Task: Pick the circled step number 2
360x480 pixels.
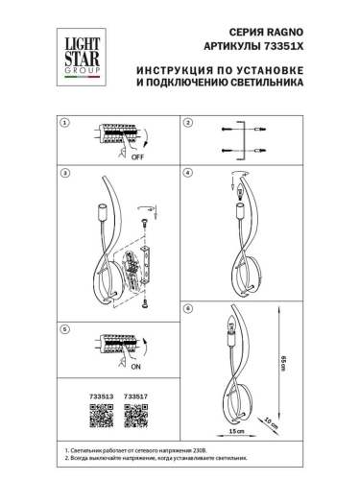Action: point(188,123)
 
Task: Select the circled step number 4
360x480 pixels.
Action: point(188,174)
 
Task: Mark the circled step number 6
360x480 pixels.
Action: point(188,308)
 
